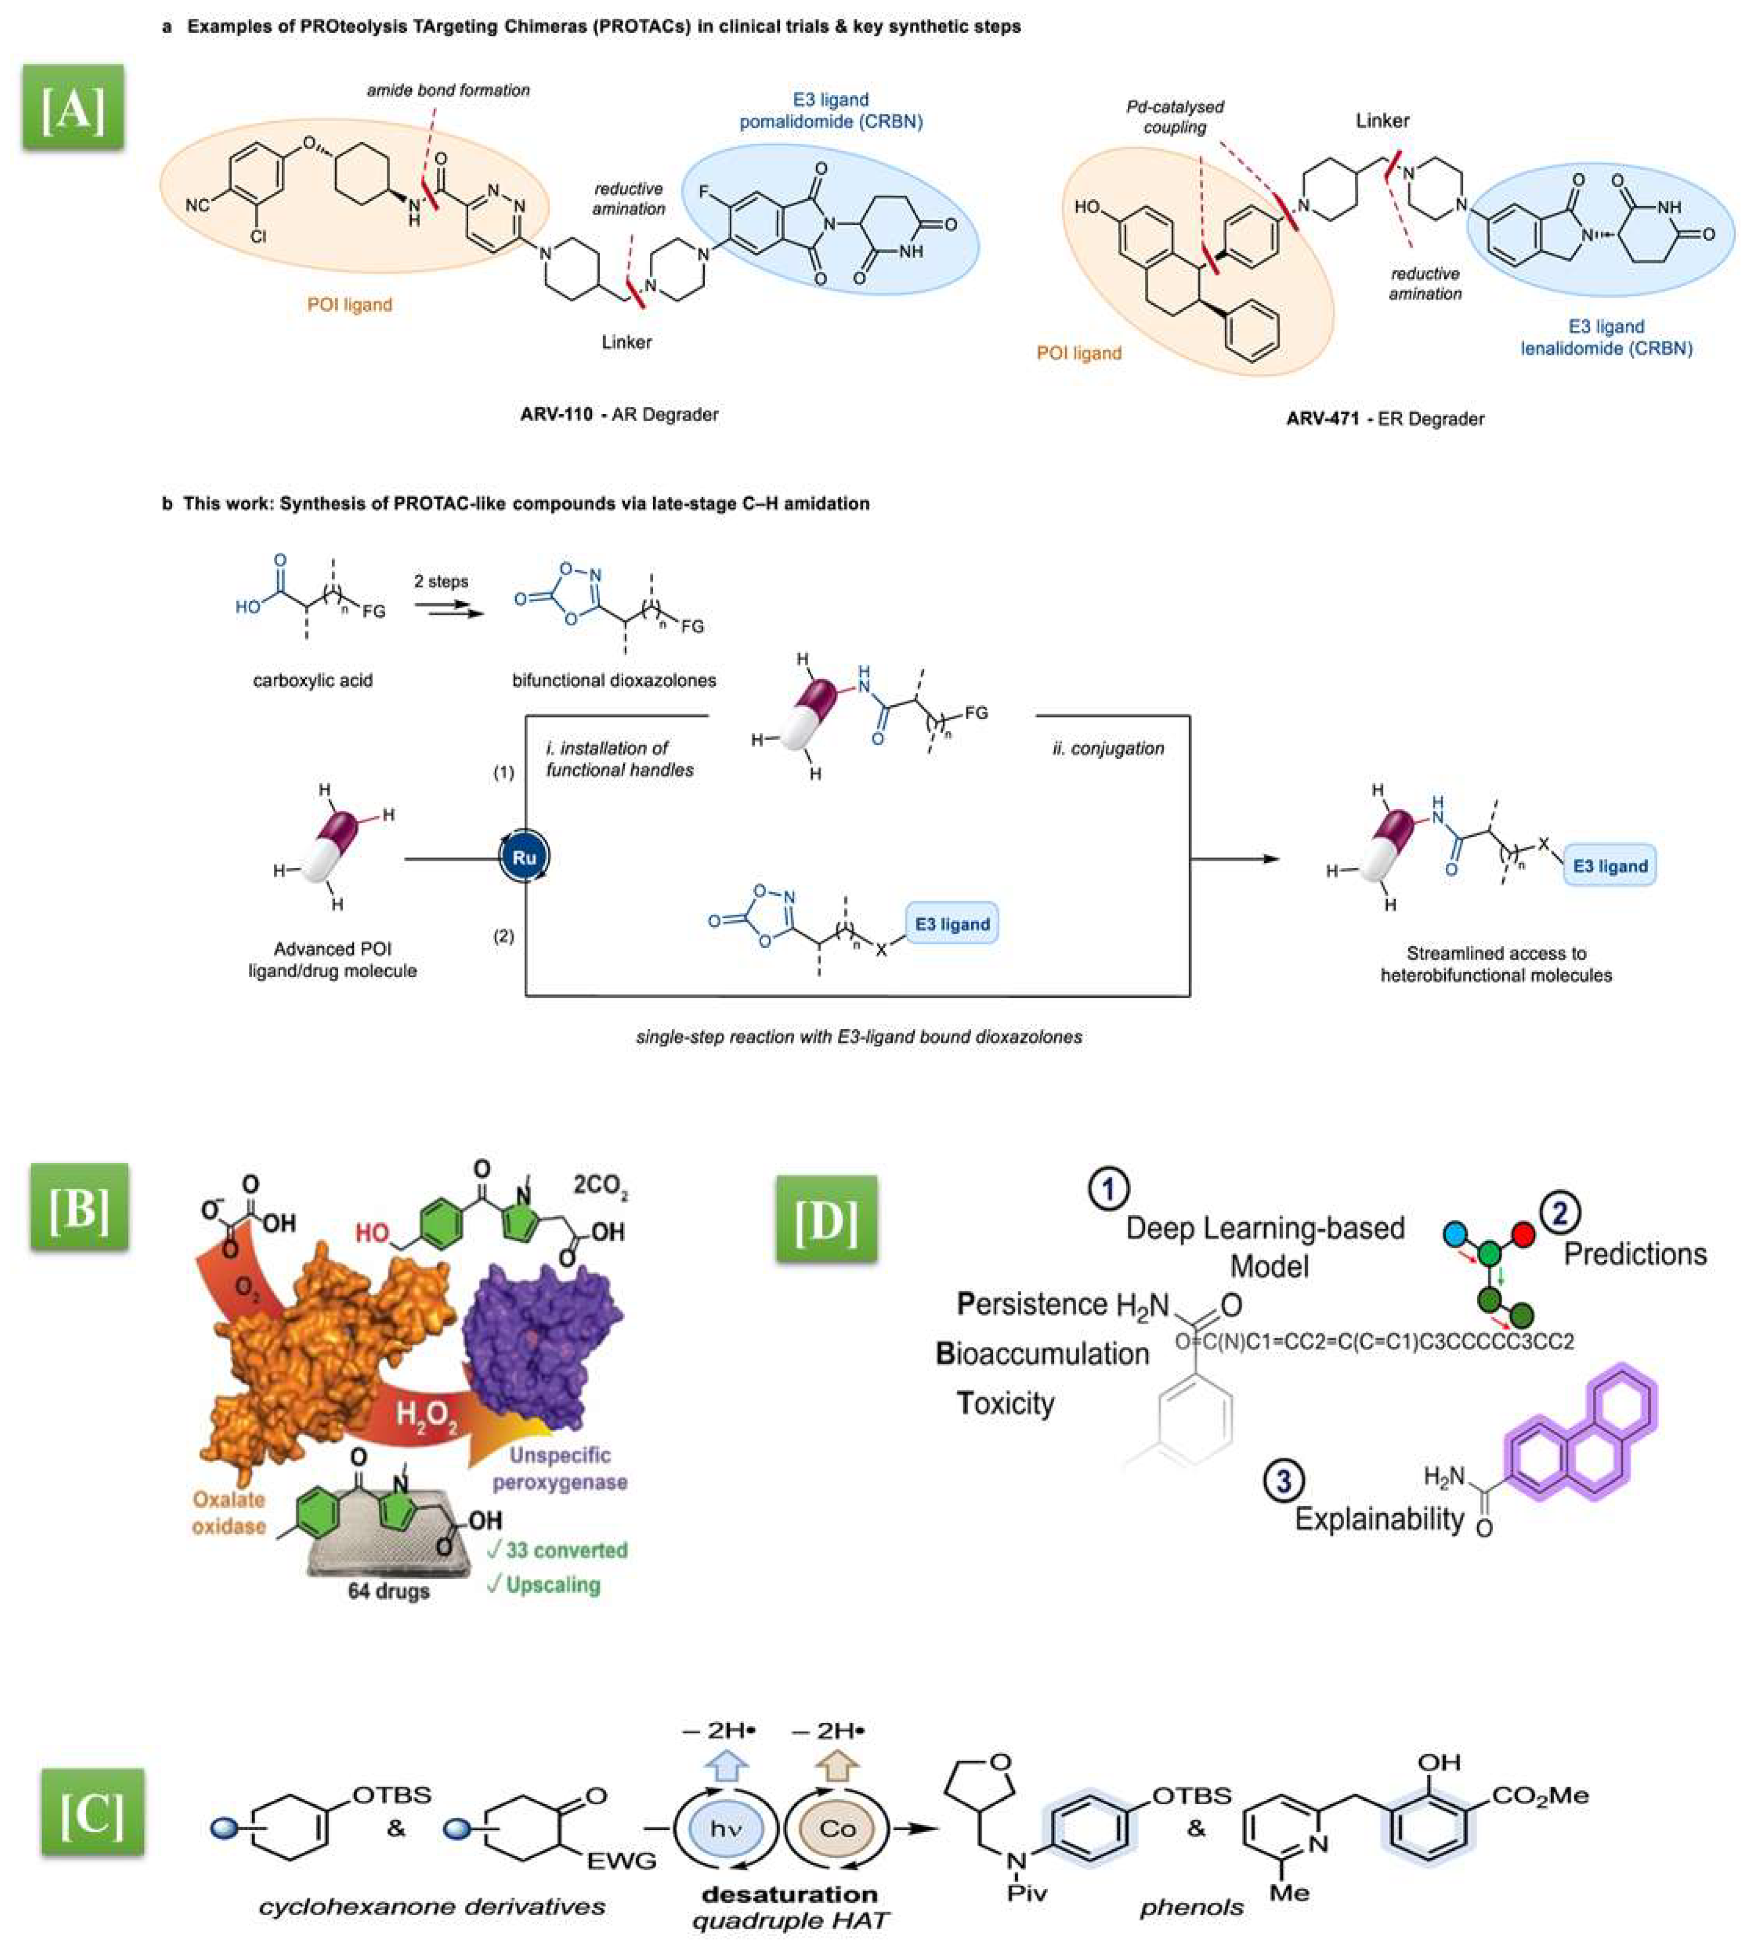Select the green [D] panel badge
[x=826, y=1219]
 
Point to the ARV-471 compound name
[x=1324, y=419]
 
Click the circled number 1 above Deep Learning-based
[x=1108, y=1190]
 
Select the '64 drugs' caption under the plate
[x=389, y=1591]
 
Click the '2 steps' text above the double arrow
[x=441, y=581]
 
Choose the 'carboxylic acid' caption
[x=313, y=680]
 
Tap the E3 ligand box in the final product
[x=1610, y=866]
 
